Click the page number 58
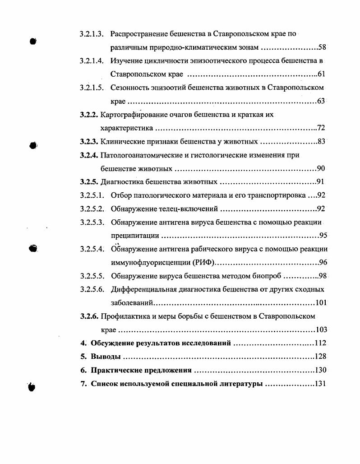click(x=322, y=47)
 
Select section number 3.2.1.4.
click(x=92, y=60)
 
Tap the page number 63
click(x=321, y=101)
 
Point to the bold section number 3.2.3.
click(x=89, y=142)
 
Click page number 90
click(x=321, y=169)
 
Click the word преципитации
click(x=135, y=236)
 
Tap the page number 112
click(x=320, y=343)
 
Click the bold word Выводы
click(x=106, y=357)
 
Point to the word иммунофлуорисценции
click(x=148, y=262)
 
